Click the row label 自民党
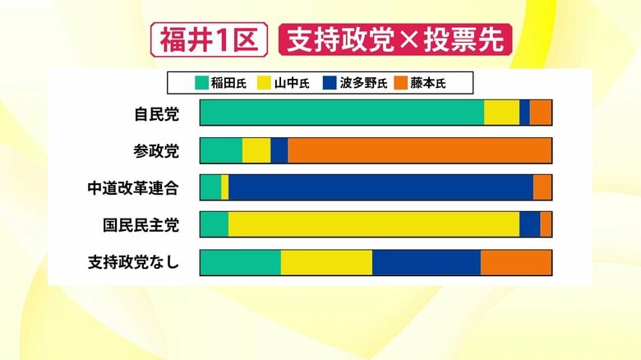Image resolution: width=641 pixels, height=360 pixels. [156, 113]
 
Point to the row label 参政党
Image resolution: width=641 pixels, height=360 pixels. [156, 150]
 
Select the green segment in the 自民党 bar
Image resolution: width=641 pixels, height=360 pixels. [341, 113]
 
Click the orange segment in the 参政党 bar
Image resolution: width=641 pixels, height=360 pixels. [419, 150]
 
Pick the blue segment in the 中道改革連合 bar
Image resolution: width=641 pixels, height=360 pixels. [380, 187]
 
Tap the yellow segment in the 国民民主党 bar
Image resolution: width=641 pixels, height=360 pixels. [373, 224]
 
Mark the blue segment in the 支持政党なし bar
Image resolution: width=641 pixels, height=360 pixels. [426, 262]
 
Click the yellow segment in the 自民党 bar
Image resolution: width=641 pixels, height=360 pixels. [501, 113]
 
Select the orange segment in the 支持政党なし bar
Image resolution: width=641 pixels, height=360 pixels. [515, 262]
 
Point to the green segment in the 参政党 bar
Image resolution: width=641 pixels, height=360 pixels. [220, 150]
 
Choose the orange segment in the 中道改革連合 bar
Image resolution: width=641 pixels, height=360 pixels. [542, 187]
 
